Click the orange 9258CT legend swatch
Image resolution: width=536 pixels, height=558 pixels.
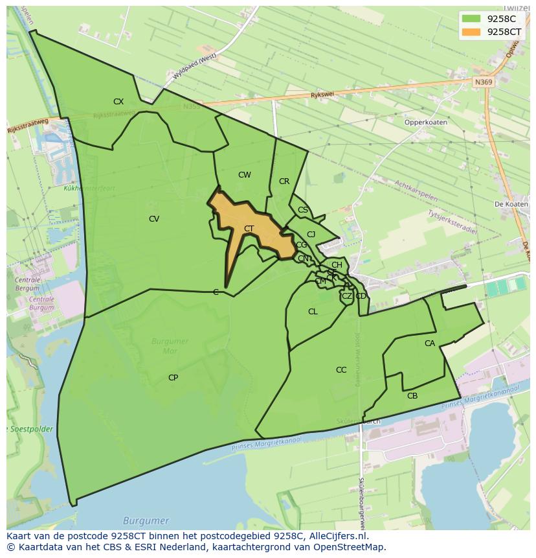(x=471, y=32)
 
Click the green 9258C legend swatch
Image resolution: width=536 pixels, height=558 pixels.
(x=471, y=19)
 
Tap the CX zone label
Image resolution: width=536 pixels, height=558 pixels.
(x=118, y=102)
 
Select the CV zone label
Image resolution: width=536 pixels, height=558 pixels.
(x=154, y=219)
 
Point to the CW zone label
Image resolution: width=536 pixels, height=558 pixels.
(x=244, y=175)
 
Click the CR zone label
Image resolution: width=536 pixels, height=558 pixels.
(x=284, y=181)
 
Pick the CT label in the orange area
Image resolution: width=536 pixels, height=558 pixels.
(x=249, y=229)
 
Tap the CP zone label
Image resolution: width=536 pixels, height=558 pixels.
(x=173, y=378)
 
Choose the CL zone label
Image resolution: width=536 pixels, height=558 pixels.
(x=313, y=312)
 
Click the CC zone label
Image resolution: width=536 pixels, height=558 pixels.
(x=341, y=370)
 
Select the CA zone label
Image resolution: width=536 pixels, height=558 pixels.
(x=430, y=343)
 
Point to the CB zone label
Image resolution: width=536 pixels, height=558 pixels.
(x=412, y=396)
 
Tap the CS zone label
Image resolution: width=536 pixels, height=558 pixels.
(x=303, y=210)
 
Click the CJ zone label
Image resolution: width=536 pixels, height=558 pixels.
(x=311, y=235)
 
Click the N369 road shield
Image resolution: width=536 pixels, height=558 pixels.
(x=482, y=82)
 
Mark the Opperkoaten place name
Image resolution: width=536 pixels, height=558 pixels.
(x=426, y=122)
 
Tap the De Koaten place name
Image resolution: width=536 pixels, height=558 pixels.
(x=511, y=203)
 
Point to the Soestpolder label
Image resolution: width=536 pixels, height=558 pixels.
(x=30, y=429)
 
